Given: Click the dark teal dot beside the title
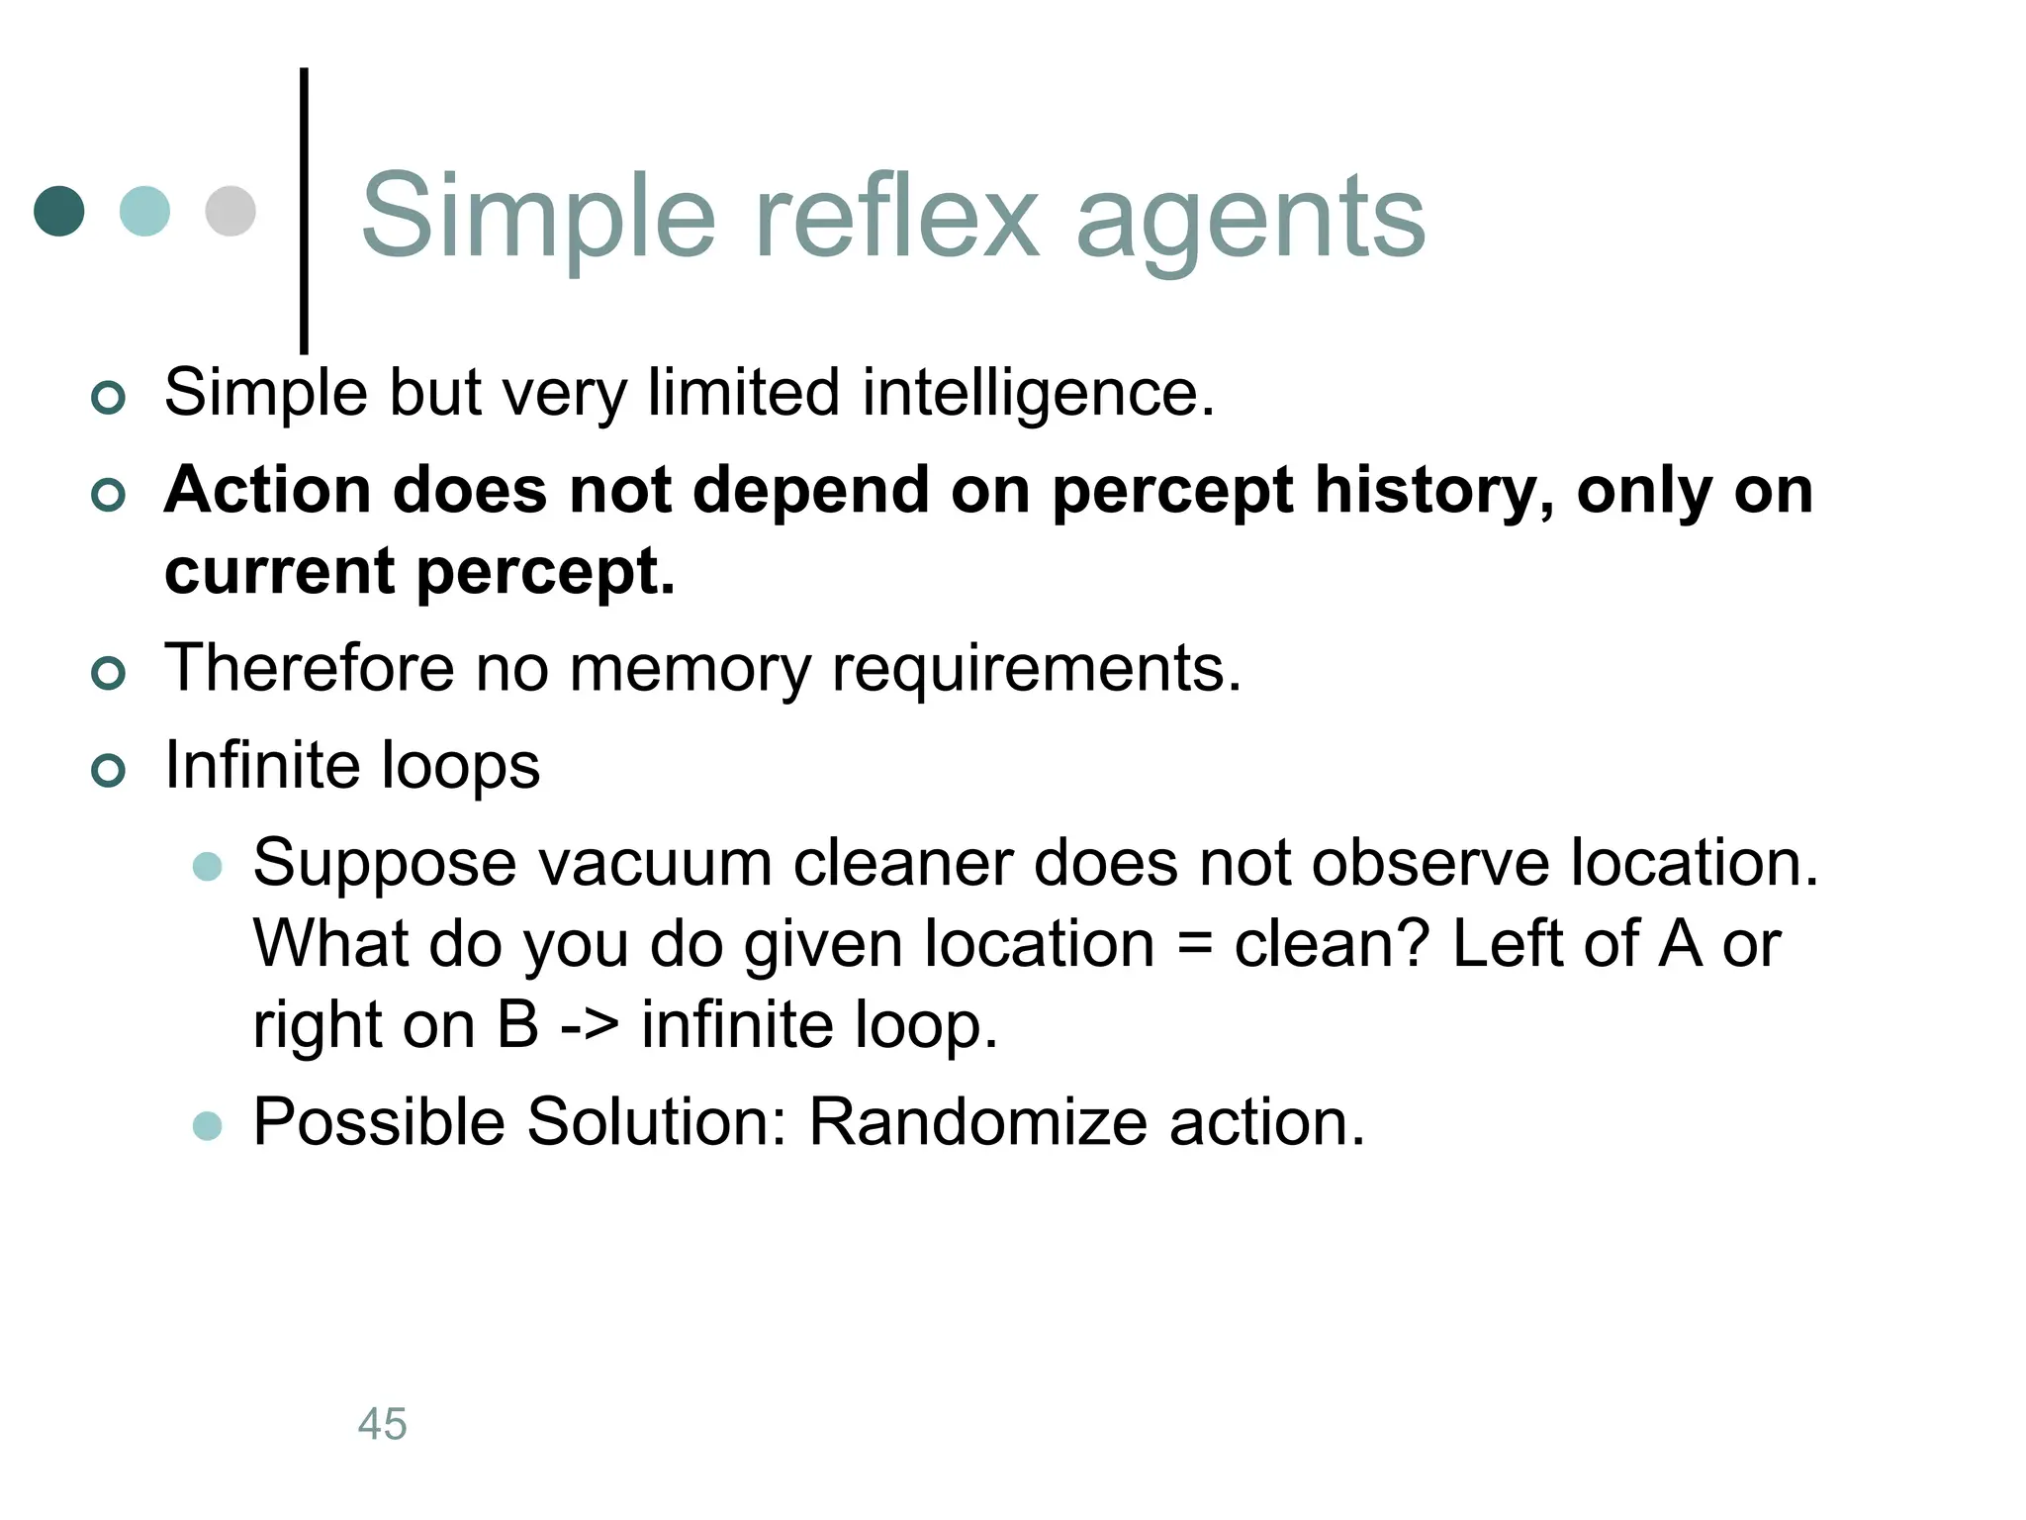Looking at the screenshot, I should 59,211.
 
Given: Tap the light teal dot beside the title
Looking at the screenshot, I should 144,211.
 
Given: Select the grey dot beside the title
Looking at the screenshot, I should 230,211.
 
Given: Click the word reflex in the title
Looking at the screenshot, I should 896,216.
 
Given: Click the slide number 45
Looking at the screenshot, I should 382,1424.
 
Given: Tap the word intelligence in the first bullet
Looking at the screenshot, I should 1038,394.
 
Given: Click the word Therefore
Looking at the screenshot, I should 309,668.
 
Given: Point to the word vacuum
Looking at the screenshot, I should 654,863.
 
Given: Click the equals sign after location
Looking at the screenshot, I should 1194,944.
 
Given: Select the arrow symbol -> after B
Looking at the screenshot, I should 591,1025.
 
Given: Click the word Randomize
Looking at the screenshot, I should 977,1122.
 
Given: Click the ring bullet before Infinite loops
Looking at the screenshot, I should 108,770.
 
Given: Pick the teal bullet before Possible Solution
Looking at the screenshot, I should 208,1125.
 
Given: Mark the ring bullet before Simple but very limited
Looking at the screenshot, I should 108,398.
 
